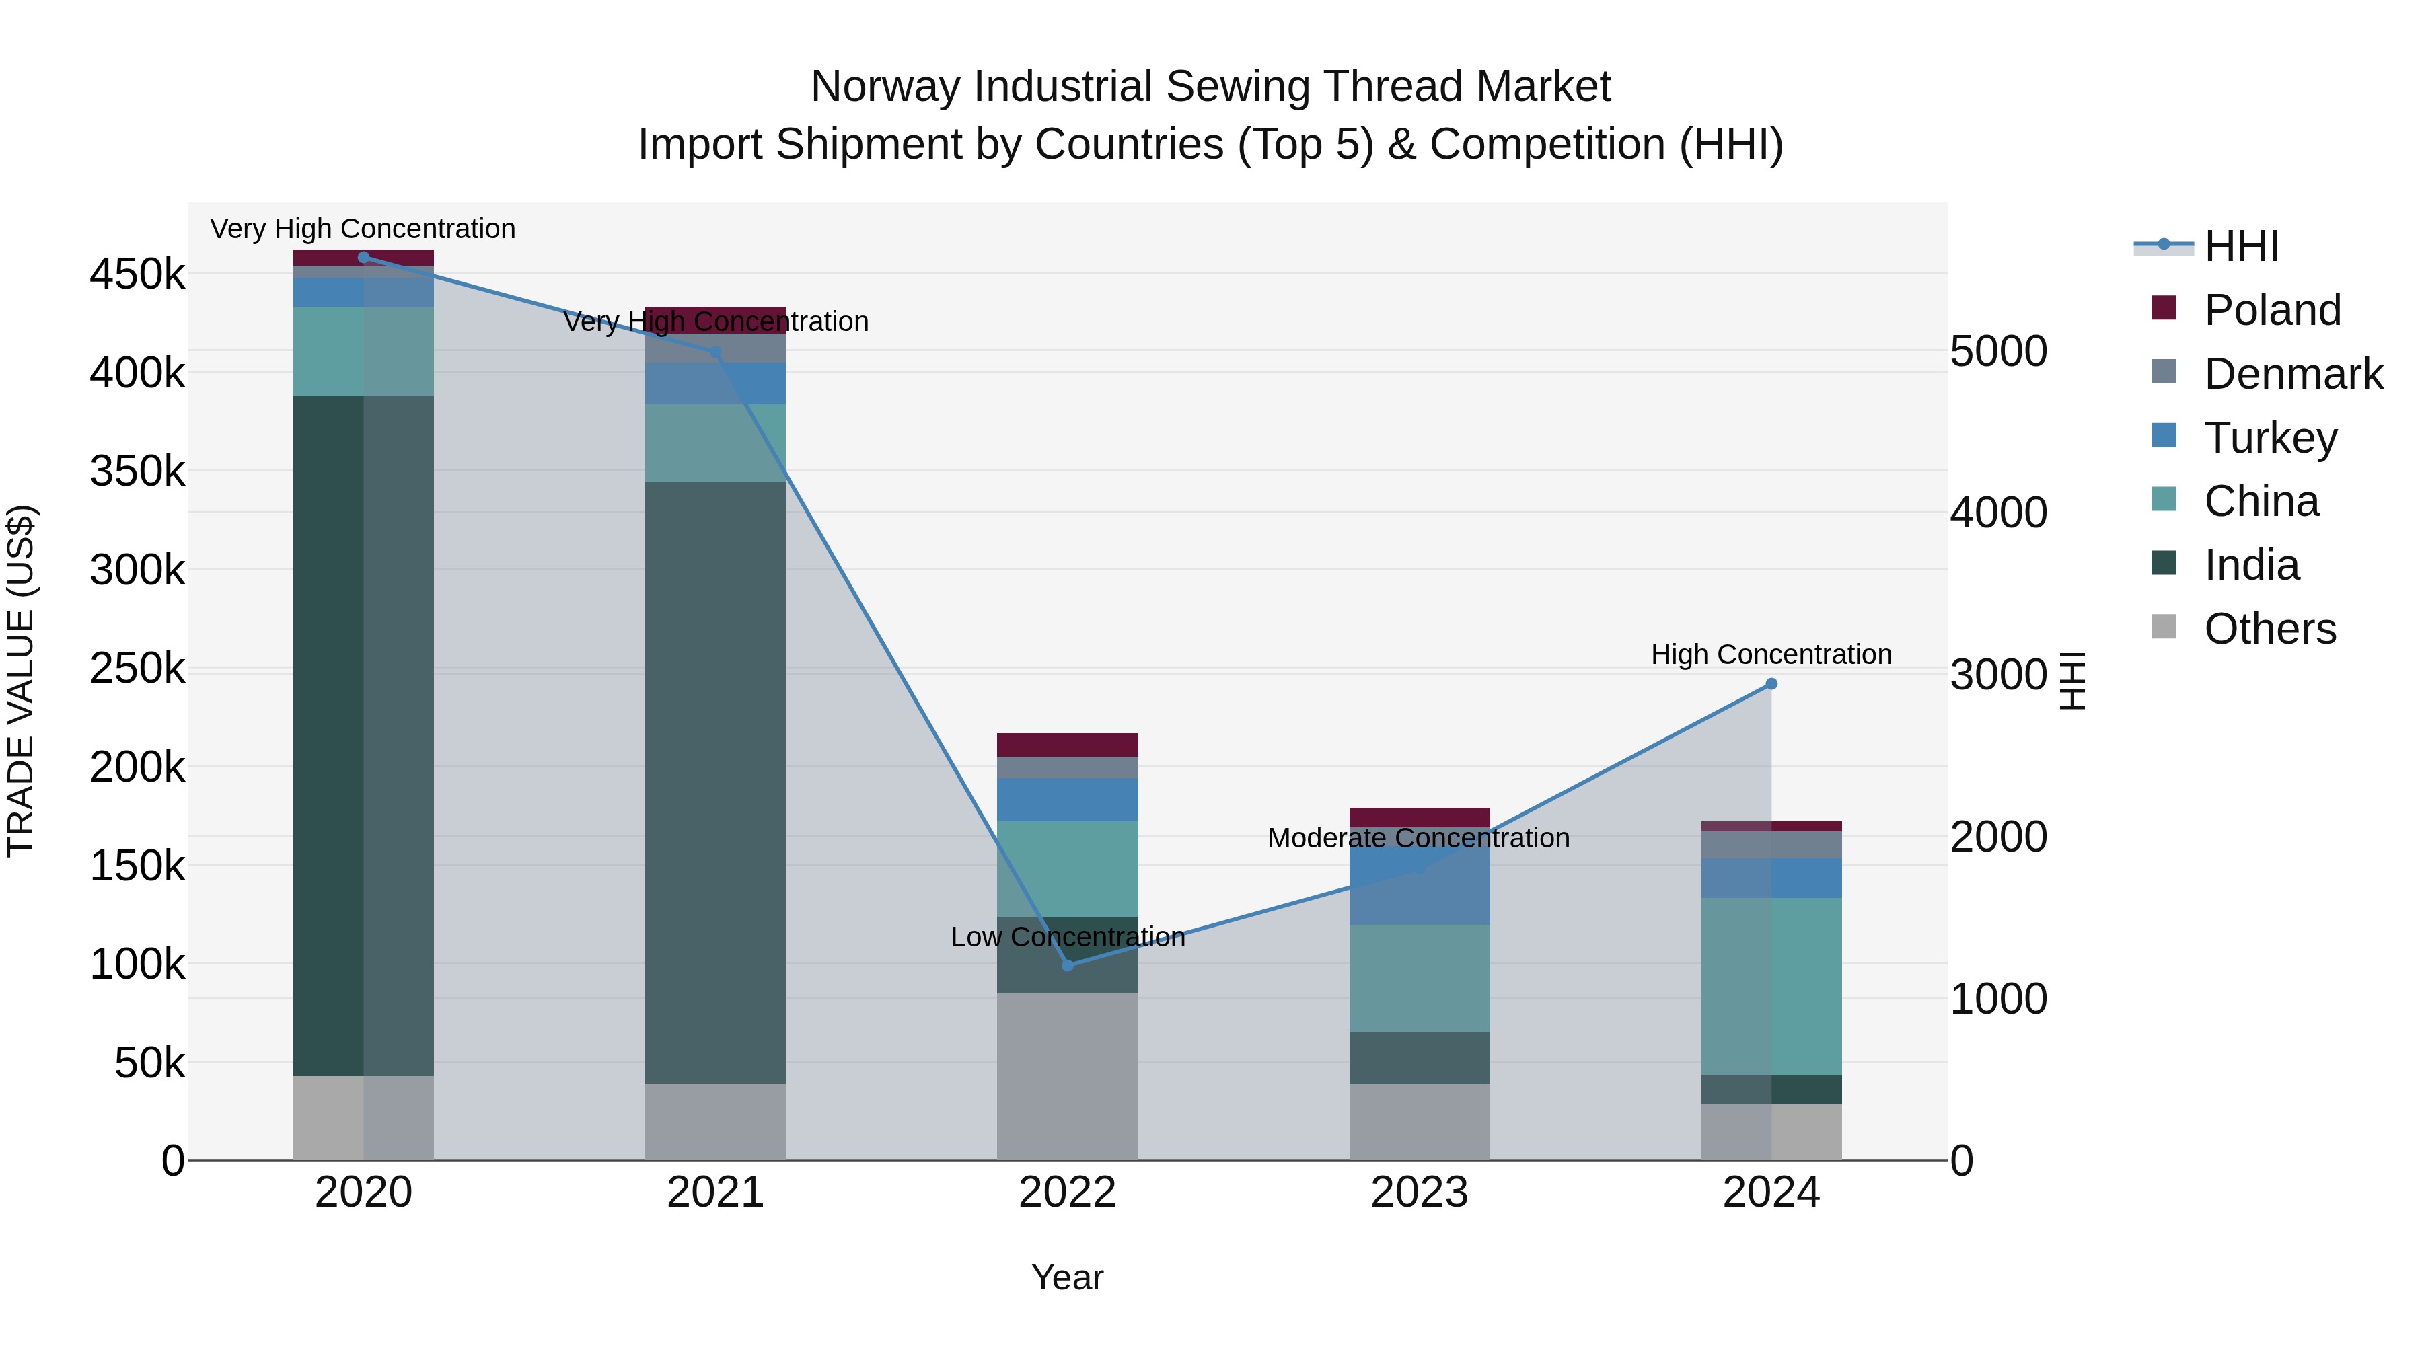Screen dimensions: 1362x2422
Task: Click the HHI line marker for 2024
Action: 1771,683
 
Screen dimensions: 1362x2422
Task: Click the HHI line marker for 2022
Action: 1067,965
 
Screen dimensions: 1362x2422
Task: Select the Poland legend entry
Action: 2271,310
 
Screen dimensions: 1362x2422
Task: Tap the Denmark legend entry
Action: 2291,374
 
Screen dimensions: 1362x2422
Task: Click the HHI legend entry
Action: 2240,246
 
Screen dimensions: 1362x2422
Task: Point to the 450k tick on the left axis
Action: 137,274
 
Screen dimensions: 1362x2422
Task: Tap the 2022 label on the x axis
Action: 1067,1193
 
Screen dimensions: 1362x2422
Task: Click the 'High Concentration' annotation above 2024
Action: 1771,654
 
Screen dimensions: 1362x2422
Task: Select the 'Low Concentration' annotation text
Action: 1067,937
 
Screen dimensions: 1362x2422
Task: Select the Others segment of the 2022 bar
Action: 1067,1076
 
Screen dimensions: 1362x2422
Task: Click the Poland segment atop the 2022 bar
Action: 1067,745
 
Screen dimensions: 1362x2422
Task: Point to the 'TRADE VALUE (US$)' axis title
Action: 22,681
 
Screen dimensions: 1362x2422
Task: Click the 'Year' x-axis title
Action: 1067,1277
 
